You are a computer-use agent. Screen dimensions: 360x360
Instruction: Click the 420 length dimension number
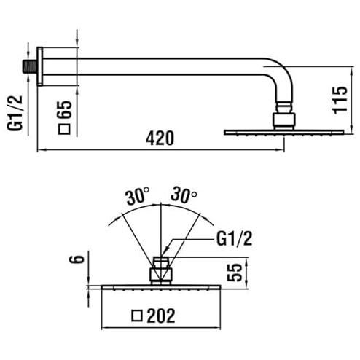[x=160, y=138]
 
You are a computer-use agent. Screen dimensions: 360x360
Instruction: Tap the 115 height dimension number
[x=340, y=100]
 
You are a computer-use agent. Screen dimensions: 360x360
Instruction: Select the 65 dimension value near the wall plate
[x=65, y=109]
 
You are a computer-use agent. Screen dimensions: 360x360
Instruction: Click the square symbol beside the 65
[x=64, y=129]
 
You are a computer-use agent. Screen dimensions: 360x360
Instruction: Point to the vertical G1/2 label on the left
[x=15, y=113]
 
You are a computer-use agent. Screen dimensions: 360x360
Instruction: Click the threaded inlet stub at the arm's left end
[x=30, y=66]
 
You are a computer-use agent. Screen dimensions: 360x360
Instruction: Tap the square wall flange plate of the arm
[x=40, y=66]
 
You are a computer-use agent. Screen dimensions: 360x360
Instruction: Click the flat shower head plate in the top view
[x=283, y=132]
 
